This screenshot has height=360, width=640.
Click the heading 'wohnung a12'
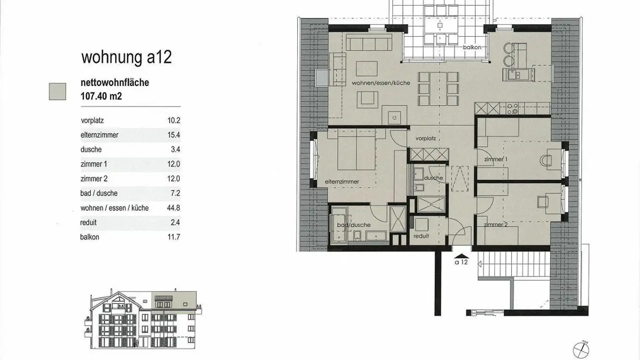[x=126, y=58]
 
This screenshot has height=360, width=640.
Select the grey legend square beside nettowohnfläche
[x=57, y=91]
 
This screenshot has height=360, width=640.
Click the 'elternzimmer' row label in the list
[x=99, y=135]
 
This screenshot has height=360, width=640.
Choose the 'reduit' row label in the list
[x=88, y=223]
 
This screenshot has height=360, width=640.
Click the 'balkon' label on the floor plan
[x=472, y=47]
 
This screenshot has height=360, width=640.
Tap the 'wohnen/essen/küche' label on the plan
[x=381, y=83]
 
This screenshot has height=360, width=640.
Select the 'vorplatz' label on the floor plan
[x=425, y=138]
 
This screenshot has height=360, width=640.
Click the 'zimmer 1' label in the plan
[x=496, y=159]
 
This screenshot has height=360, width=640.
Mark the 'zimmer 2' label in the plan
[x=496, y=225]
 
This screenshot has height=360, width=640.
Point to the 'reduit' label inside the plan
[x=421, y=236]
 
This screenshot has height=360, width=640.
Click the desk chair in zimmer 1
[x=547, y=162]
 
